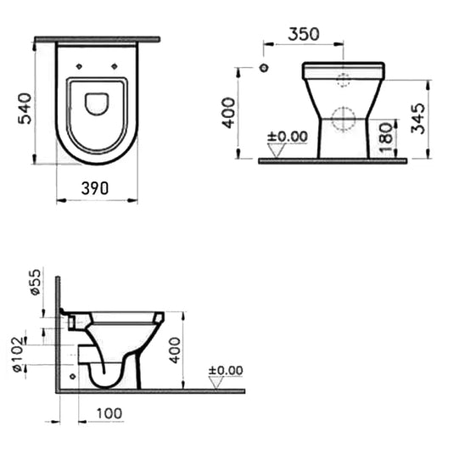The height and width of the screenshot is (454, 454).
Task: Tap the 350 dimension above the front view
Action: coord(303,34)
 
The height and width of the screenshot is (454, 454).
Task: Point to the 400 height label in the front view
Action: coord(227,111)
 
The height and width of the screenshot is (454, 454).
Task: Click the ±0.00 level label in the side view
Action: coord(226,370)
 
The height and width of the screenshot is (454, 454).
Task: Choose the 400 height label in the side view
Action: coord(175,349)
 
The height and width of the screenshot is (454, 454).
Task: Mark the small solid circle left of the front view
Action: coord(264,68)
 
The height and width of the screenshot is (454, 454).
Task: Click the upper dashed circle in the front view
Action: coord(344,81)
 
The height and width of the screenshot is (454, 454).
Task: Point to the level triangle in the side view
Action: coord(216,383)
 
